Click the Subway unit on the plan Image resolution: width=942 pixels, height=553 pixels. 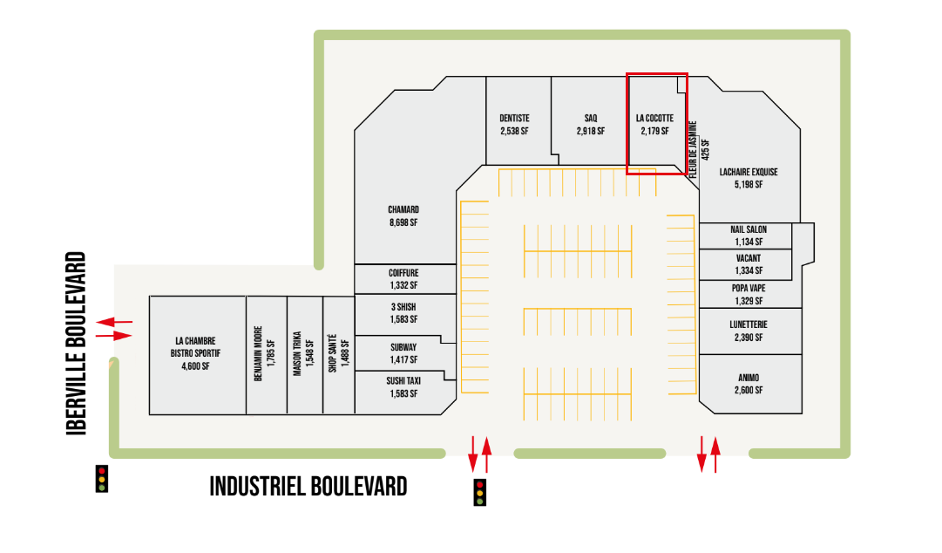(x=403, y=353)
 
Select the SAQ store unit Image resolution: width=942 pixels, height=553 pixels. (x=590, y=125)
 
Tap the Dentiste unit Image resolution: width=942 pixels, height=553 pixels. (x=514, y=125)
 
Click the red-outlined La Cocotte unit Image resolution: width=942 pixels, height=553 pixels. (x=654, y=124)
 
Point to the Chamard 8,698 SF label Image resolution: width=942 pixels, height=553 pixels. (x=403, y=215)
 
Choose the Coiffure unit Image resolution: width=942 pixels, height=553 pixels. (x=403, y=279)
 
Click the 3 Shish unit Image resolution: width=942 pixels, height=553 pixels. (x=403, y=313)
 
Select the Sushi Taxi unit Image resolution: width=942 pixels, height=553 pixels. (x=403, y=387)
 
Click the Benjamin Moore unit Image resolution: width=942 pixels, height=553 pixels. (x=265, y=355)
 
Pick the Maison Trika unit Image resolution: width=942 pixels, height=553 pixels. (x=303, y=355)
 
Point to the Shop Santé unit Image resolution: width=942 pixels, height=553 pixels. (x=338, y=355)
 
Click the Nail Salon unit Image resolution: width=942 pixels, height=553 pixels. (x=747, y=236)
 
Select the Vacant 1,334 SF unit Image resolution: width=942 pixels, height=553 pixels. (x=747, y=264)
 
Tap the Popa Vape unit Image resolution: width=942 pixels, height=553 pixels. (x=748, y=294)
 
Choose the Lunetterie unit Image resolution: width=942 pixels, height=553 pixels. (x=749, y=331)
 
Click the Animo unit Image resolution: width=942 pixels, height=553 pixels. (x=749, y=384)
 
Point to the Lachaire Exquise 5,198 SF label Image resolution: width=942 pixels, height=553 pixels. (x=749, y=178)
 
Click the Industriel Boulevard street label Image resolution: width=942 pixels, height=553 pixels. (x=308, y=486)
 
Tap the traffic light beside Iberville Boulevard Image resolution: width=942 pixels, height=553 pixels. (x=102, y=478)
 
